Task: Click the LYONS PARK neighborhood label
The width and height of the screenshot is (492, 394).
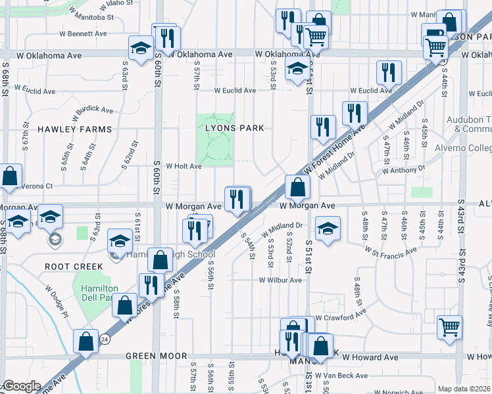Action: point(235,128)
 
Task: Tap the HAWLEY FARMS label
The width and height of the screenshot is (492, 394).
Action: point(74,129)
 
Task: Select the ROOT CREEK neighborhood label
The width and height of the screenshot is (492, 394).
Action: point(74,266)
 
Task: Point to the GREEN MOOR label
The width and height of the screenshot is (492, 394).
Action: point(151,356)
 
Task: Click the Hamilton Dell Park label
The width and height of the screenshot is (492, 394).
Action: point(99,293)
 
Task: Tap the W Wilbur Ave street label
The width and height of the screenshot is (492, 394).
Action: point(280,280)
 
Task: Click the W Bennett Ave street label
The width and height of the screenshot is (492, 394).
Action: point(83,33)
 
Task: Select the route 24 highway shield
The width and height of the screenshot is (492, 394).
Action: point(105,339)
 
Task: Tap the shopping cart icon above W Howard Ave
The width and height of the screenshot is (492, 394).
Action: point(450,326)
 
